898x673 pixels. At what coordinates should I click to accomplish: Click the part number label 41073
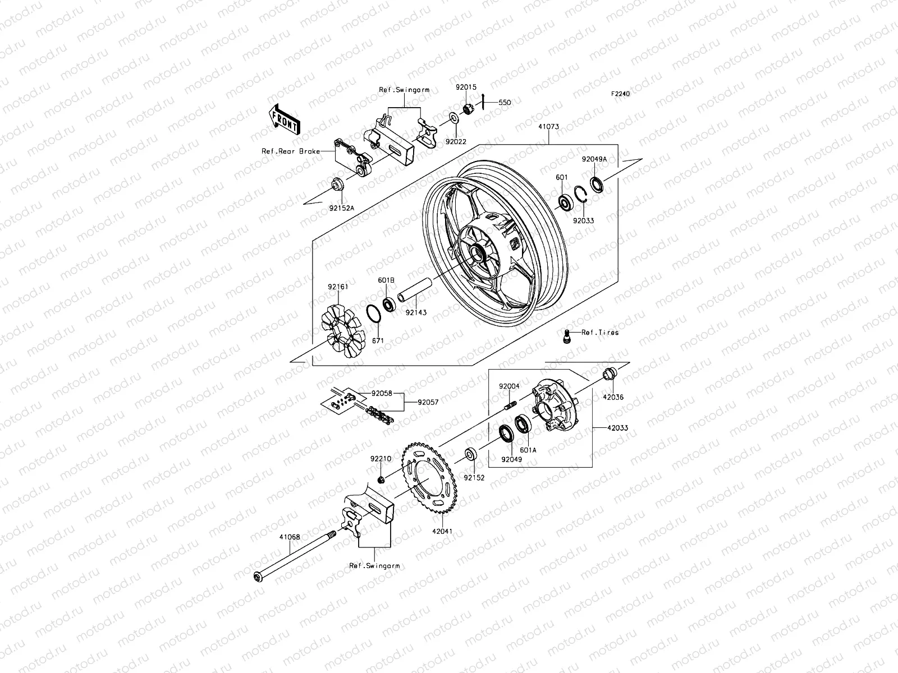click(548, 127)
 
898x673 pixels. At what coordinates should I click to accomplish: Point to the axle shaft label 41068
click(290, 537)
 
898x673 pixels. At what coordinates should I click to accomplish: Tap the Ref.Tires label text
click(600, 333)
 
